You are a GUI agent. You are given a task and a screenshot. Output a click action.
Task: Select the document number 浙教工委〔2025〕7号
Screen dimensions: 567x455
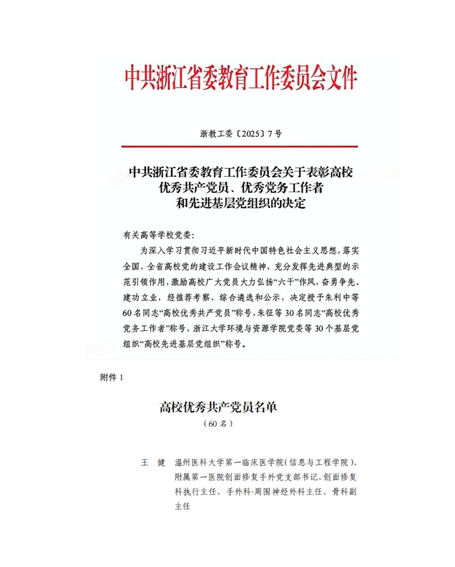coord(241,134)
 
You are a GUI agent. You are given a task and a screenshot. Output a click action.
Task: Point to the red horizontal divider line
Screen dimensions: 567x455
coord(239,147)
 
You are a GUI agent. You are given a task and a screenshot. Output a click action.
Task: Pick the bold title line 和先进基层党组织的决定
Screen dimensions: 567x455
coord(241,203)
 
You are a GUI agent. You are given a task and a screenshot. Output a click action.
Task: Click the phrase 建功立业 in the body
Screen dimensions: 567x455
coord(140,298)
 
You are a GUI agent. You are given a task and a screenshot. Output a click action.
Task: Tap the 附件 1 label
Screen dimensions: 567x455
coord(112,378)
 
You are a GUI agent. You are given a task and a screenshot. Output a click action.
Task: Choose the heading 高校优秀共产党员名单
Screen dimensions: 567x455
coord(218,407)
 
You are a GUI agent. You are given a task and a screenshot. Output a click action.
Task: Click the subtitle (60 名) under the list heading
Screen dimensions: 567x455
coord(218,424)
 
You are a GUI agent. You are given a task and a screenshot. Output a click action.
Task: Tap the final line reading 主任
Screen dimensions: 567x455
coord(182,506)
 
